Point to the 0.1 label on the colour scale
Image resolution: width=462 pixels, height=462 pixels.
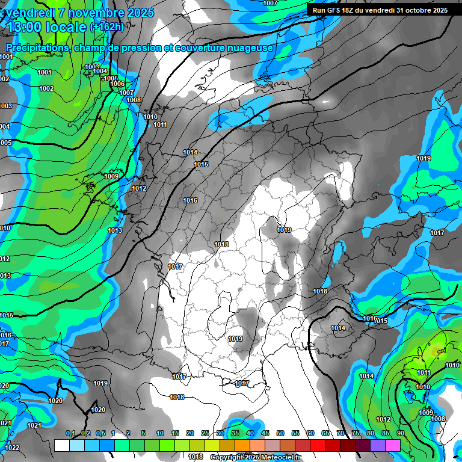click(70, 433)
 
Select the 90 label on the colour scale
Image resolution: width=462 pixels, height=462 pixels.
click(400, 433)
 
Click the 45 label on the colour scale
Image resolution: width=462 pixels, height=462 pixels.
click(265, 433)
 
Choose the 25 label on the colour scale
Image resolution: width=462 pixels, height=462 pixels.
click(205, 433)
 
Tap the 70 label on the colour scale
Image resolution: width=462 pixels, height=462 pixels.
click(340, 433)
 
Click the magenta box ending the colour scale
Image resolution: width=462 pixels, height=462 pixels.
click(393, 445)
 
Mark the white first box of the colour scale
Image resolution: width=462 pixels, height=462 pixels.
click(61, 445)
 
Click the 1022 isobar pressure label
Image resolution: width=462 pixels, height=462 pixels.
click(12, 448)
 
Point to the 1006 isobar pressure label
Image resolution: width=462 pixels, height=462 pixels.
click(117, 84)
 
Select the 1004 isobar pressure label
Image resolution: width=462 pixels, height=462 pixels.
click(100, 71)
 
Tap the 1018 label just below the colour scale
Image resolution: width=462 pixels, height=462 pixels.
click(196, 457)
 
